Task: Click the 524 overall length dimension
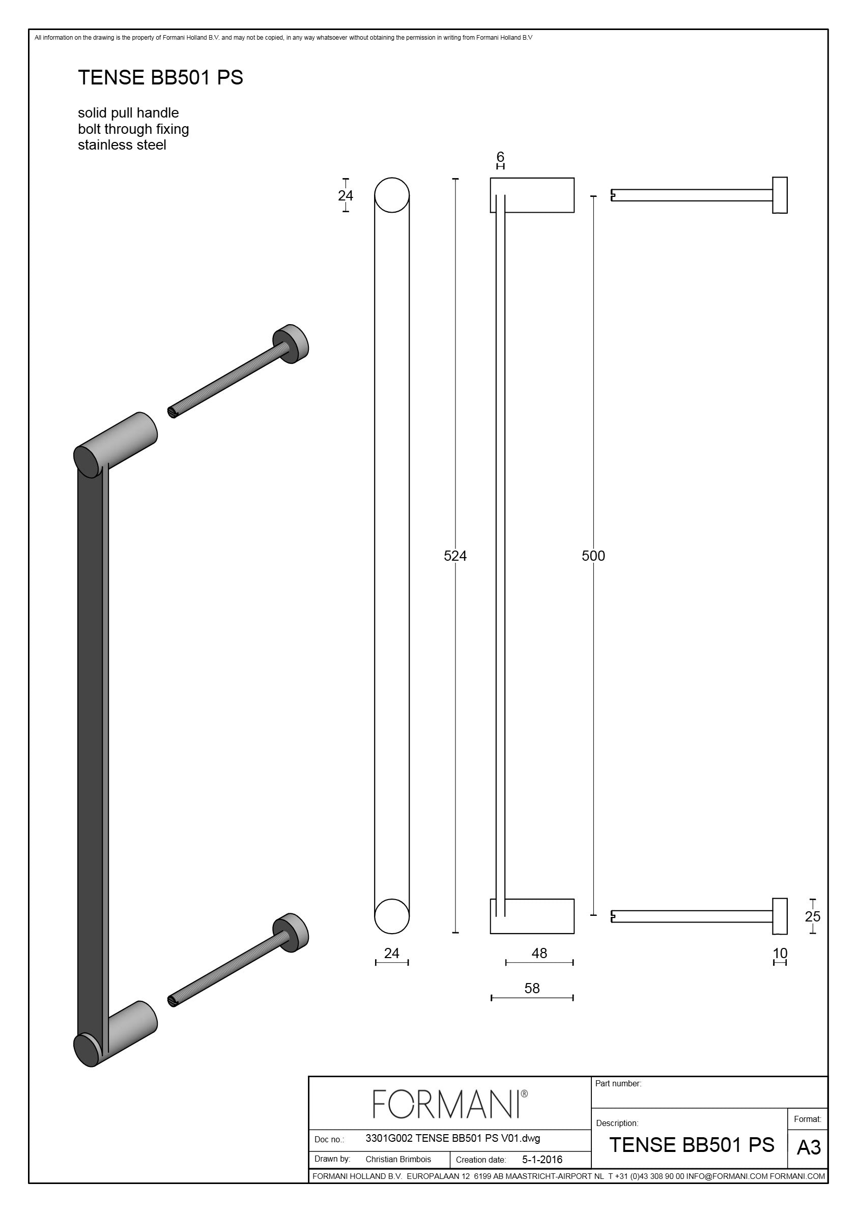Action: pos(455,556)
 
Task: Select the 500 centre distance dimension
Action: pos(593,556)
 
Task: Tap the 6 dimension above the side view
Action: pos(501,157)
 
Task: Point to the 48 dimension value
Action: pos(539,954)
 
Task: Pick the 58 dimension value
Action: pos(532,988)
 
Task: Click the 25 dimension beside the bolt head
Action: pos(813,916)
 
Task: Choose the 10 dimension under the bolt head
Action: pos(780,954)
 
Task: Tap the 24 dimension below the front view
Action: pos(392,954)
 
